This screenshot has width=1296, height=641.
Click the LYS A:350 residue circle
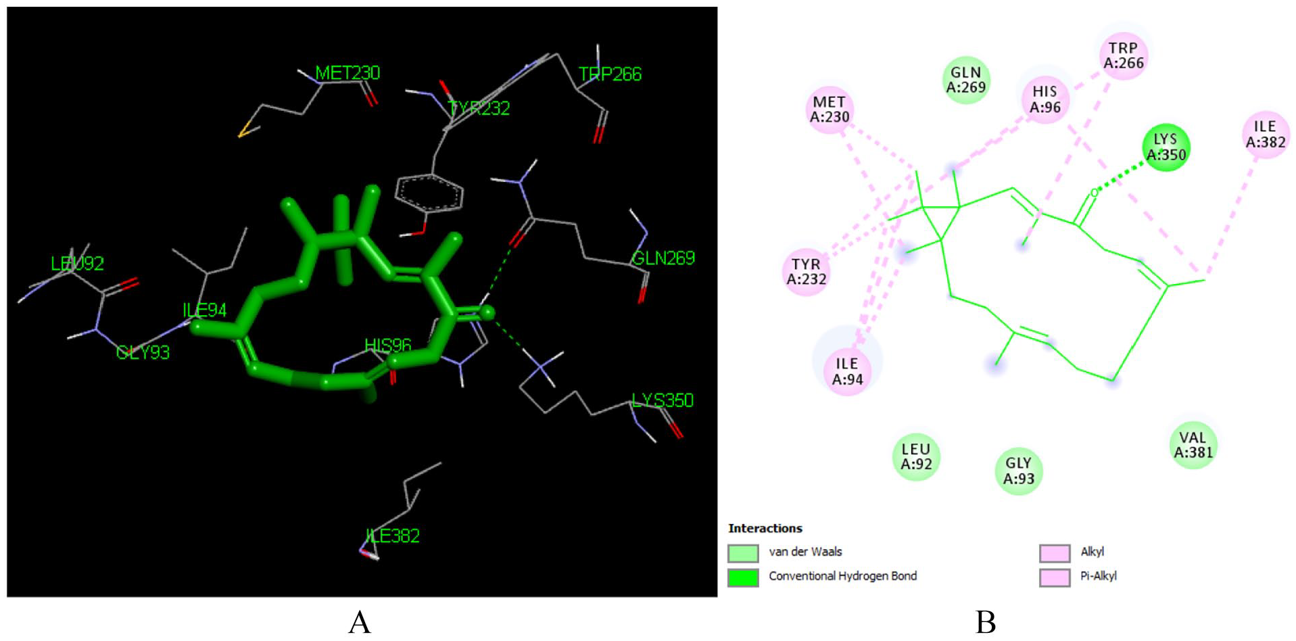[1166, 147]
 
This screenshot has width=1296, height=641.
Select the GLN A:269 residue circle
[966, 80]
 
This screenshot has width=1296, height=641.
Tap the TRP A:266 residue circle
[1124, 55]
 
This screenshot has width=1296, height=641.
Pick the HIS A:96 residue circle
[1045, 99]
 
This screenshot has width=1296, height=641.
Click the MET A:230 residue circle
[830, 110]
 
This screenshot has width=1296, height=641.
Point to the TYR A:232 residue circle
[806, 272]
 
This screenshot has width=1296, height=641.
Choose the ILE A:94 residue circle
[847, 371]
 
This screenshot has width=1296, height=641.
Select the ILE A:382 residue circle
[1266, 135]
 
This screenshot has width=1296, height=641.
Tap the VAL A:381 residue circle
[1193, 445]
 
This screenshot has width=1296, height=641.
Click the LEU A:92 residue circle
[916, 457]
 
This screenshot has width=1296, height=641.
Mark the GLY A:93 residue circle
[1019, 471]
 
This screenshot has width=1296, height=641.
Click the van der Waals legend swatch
[743, 553]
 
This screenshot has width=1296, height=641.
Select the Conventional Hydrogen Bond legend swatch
[743, 577]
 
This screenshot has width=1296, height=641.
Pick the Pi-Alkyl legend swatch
[1055, 577]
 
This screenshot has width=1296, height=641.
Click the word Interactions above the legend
[765, 528]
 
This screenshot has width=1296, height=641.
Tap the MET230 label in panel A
[347, 73]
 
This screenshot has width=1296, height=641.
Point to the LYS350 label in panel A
[663, 400]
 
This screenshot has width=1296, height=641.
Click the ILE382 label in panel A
[393, 536]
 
